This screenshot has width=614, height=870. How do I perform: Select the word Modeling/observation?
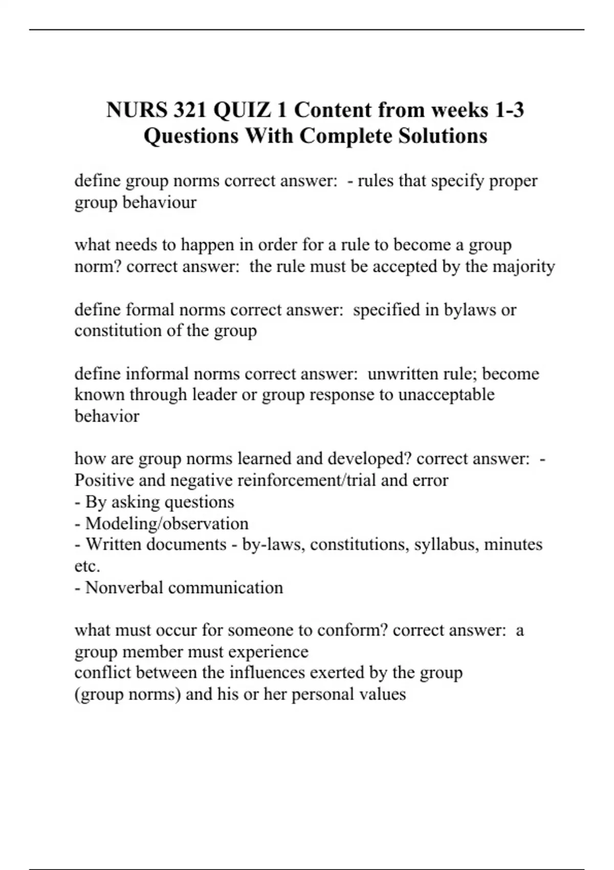[167, 523]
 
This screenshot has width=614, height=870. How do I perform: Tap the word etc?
[87, 566]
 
